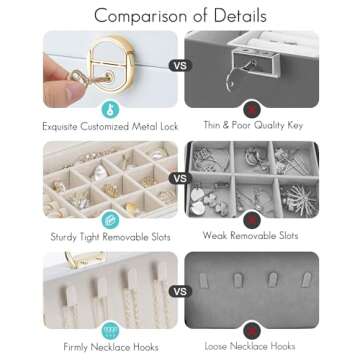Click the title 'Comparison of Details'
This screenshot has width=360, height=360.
(180, 16)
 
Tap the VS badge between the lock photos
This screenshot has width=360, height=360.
(180, 65)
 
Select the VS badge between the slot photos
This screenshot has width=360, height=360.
(180, 178)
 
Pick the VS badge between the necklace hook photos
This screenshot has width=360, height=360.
(180, 291)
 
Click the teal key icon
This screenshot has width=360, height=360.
(110, 109)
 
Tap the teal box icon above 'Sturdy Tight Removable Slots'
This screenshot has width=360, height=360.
(110, 220)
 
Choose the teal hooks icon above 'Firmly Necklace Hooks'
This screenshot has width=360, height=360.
(110, 330)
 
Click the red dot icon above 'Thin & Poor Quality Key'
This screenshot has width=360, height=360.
(252, 109)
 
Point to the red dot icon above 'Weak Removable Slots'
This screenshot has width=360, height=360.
(252, 220)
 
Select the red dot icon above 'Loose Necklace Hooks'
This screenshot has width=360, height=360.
(252, 330)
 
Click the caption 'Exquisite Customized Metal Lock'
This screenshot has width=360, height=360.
(110, 127)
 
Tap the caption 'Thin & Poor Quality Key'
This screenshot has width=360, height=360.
(253, 125)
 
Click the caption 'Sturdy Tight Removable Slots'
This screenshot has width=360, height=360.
(110, 237)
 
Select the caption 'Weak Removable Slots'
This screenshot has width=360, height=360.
(250, 236)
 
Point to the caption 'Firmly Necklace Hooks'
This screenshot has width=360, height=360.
(111, 347)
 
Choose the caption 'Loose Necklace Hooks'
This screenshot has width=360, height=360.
(250, 346)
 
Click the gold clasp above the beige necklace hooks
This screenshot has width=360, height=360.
(85, 259)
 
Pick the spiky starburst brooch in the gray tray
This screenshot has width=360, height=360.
(299, 198)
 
